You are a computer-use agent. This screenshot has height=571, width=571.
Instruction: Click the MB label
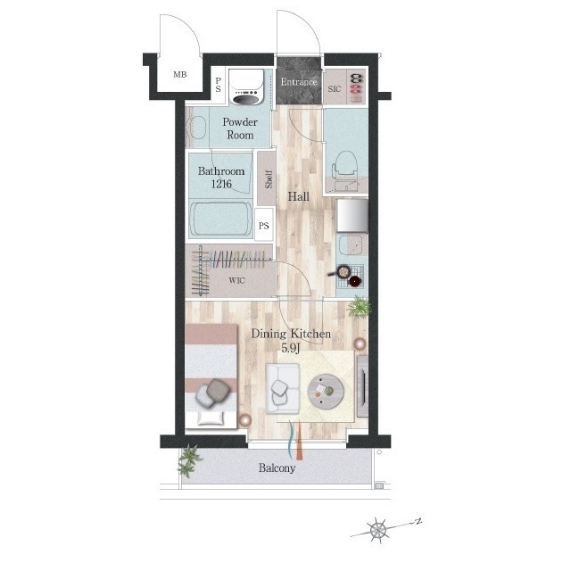(180, 75)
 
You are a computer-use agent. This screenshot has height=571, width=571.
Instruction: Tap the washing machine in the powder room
(246, 87)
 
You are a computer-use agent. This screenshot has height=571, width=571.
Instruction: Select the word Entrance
(299, 82)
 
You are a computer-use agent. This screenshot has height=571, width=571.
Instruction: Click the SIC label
(335, 89)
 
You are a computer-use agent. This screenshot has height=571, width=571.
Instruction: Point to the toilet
(344, 170)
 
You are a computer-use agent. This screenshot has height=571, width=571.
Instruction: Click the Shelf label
(269, 178)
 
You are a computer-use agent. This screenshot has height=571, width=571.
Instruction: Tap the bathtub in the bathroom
(220, 219)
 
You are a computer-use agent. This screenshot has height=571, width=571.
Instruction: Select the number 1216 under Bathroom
(221, 184)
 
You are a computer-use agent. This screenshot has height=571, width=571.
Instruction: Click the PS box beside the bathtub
(264, 226)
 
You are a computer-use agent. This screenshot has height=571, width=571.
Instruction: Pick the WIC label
(236, 280)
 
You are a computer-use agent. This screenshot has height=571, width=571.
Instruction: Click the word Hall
(299, 197)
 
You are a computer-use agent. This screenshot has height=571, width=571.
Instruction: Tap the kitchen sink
(351, 244)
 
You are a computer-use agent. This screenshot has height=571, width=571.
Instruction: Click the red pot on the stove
(355, 281)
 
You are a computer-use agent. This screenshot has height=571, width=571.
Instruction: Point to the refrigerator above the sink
(352, 215)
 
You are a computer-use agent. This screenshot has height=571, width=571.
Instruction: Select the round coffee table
(326, 392)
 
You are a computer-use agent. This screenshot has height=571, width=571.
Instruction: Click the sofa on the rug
(283, 389)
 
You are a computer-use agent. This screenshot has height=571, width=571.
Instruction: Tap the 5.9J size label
(291, 349)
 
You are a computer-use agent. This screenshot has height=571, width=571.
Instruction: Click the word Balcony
(277, 468)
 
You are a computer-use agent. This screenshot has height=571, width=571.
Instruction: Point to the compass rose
(377, 530)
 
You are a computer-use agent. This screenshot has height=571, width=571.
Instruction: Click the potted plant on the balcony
(189, 460)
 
